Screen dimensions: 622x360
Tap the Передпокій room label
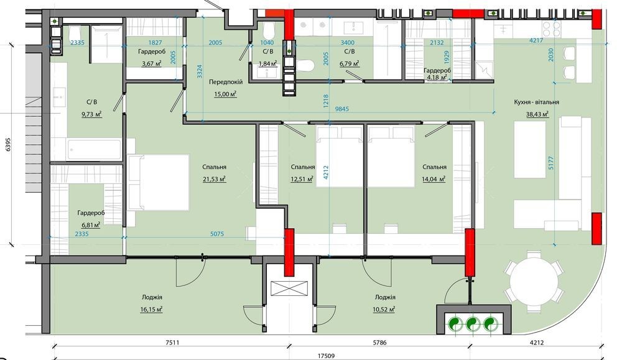pos(226,82)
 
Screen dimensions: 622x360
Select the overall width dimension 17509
pos(326,356)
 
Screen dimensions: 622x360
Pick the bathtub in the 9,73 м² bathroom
pos(94,149)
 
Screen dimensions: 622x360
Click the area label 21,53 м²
pos(214,179)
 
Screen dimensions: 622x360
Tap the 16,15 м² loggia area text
pos(151,309)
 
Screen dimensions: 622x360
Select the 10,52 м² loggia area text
pos(384,309)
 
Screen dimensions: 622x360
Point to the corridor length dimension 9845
pos(341,109)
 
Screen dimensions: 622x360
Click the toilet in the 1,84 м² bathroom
pos(267,29)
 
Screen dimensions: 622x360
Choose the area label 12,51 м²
pos(302,179)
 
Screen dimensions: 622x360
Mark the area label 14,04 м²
pos(434,179)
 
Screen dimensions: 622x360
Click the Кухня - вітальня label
pos(536,102)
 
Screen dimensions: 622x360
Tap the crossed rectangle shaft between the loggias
pos(289,288)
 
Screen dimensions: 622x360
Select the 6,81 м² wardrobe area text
pos(91,225)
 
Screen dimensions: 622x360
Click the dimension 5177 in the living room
pos(551,164)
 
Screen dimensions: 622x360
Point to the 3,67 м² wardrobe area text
pos(151,63)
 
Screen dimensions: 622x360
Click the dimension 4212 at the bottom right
pos(536,342)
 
